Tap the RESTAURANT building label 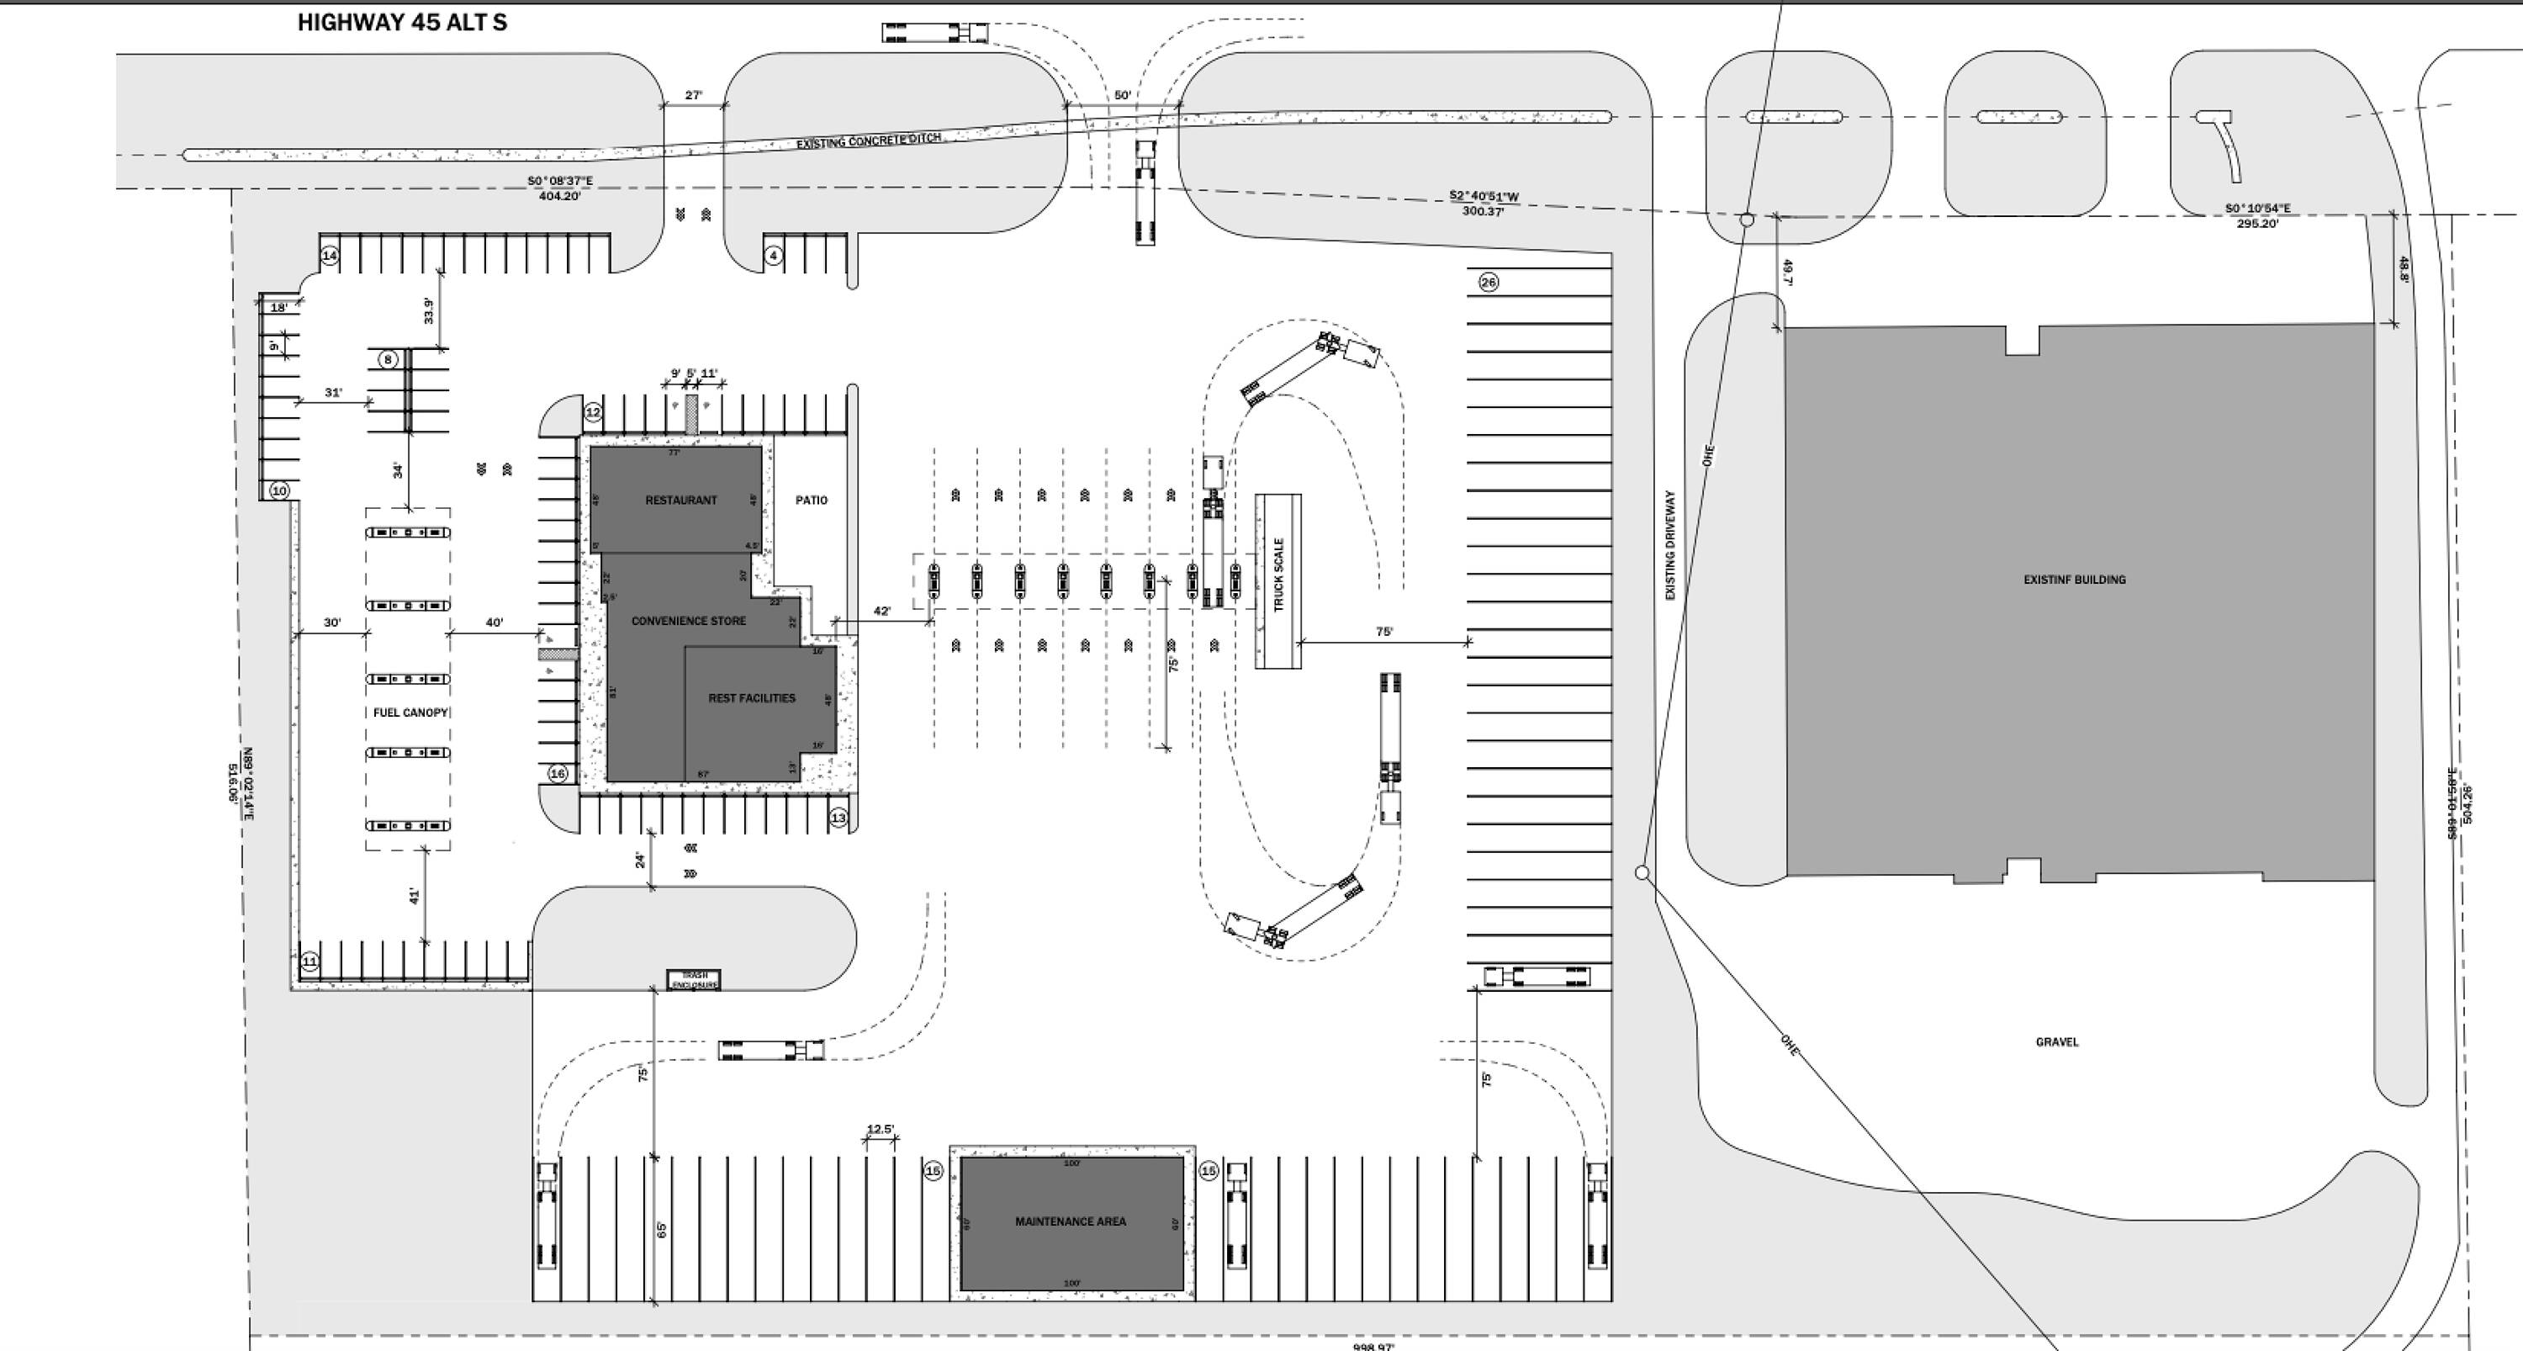click(680, 501)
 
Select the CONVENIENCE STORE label click(689, 621)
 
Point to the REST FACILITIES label click(751, 698)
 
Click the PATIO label click(811, 501)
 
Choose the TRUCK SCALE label click(1278, 575)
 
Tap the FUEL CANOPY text click(410, 713)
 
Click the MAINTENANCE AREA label click(1071, 1221)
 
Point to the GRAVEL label click(2057, 1041)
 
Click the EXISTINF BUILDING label click(2075, 580)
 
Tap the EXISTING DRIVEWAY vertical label click(1670, 546)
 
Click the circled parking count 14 click(330, 256)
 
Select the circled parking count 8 click(388, 359)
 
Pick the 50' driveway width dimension click(1123, 96)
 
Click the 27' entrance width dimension click(694, 96)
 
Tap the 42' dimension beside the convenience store click(881, 612)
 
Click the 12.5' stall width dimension click(880, 1130)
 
